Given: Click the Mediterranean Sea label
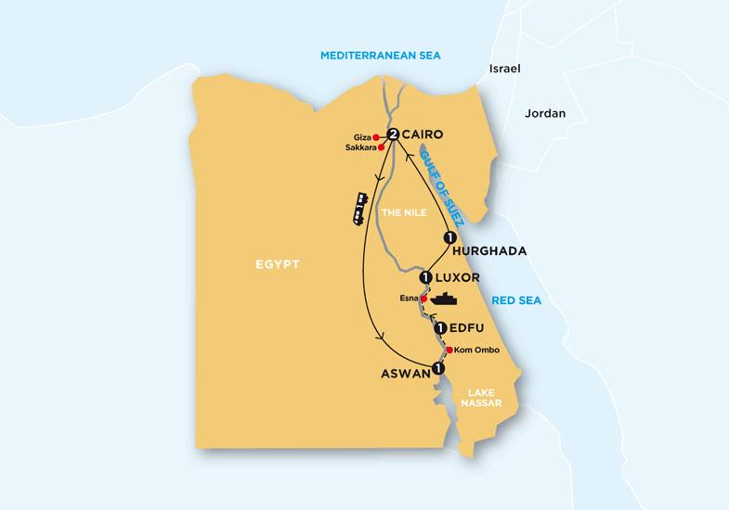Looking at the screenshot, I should click(x=380, y=57).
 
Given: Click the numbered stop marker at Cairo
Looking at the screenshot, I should click(x=394, y=135).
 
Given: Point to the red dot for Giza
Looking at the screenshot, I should click(x=376, y=136).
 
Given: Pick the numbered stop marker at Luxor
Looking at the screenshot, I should click(x=425, y=276).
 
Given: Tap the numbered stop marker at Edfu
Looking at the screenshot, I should click(x=441, y=328).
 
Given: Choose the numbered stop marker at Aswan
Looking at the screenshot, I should click(x=438, y=368).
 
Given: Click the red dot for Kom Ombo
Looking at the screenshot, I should click(x=447, y=351).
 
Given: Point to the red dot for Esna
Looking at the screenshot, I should click(x=423, y=300).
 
